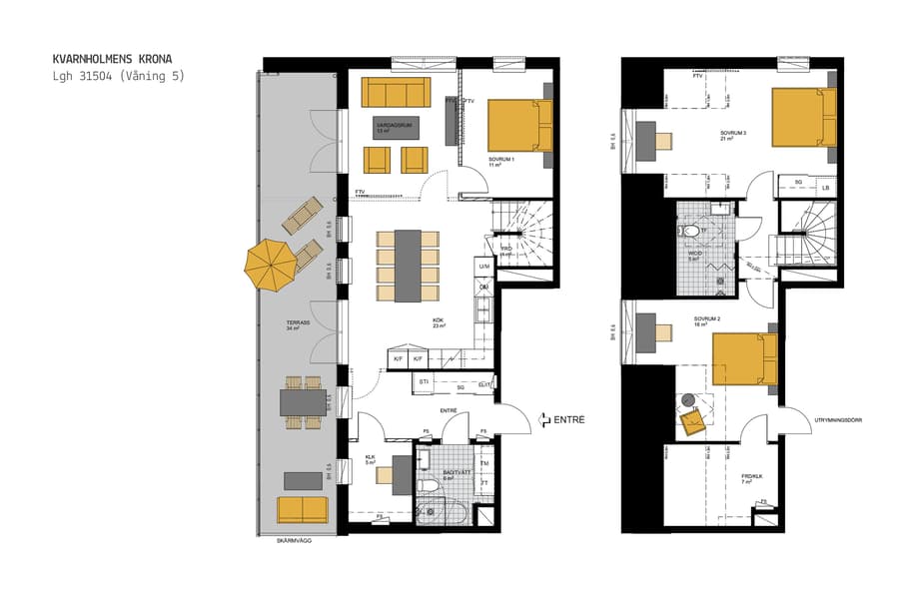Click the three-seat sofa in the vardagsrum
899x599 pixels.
coord(395,92)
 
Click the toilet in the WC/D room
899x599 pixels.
coord(692,232)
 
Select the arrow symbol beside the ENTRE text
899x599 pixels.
coord(544,420)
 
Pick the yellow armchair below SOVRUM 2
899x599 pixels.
coord(693,423)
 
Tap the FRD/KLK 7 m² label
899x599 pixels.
coord(751,479)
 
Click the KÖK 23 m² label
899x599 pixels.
coord(438,323)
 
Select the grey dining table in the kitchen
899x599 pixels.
coord(409,266)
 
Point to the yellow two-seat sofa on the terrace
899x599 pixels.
coord(303,509)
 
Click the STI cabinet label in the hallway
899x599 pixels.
coord(425,381)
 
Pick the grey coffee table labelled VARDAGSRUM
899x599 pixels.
coord(397,129)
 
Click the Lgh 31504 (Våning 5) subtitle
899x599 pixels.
coord(119,76)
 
